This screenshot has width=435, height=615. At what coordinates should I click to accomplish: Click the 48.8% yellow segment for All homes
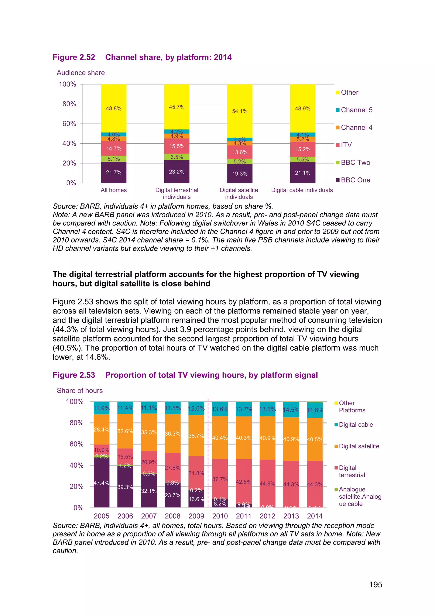(x=114, y=109)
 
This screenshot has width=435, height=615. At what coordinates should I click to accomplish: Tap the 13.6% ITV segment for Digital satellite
(x=240, y=152)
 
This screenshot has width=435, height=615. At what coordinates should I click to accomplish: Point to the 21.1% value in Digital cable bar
(x=303, y=173)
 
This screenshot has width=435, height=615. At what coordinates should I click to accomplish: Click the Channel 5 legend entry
(x=356, y=110)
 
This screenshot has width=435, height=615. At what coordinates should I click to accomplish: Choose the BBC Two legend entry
(x=355, y=163)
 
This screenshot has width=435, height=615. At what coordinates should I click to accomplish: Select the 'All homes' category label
(x=114, y=190)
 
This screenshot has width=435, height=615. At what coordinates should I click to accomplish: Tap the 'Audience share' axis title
(x=81, y=73)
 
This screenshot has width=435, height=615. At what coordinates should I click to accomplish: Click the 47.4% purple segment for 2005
(x=102, y=483)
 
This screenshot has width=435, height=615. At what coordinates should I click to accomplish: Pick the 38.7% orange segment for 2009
(x=196, y=436)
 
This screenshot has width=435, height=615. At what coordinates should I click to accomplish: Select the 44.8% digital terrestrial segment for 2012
(x=267, y=484)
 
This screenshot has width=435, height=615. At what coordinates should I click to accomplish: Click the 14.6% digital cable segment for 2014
(x=315, y=410)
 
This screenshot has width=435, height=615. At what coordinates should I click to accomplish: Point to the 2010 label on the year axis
(x=220, y=516)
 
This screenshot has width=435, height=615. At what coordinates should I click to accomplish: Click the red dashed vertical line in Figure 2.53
(x=208, y=455)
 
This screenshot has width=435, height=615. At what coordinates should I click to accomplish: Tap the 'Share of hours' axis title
(x=80, y=391)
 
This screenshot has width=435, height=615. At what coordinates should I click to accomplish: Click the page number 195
(x=376, y=584)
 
